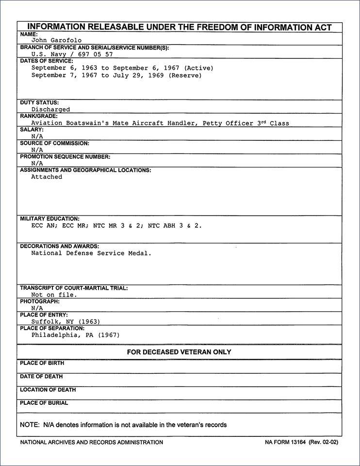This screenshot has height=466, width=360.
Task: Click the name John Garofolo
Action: coord(56,41)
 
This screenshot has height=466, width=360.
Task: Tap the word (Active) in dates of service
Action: coord(198,68)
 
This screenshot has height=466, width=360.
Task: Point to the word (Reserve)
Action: coord(185,75)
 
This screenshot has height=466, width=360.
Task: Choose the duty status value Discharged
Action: coord(50,110)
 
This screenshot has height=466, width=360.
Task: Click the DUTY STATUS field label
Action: coord(39,103)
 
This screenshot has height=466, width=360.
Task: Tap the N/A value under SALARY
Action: coord(37,136)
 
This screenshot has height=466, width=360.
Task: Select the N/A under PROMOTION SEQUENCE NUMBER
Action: coord(37,164)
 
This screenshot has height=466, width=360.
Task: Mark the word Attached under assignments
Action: coord(47,177)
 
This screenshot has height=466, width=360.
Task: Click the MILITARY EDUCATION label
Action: coord(49,219)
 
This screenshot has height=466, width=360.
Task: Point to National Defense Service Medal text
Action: coord(91,253)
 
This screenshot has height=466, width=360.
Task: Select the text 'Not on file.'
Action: coord(54,295)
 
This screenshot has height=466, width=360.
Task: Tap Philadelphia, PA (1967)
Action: coord(75,335)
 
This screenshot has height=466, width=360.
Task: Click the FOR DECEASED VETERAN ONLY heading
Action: coord(179,352)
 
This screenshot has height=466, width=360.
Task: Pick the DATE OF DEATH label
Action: coord(41,377)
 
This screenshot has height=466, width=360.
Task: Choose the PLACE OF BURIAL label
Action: coord(44,403)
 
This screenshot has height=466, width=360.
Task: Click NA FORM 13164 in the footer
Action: coord(284,442)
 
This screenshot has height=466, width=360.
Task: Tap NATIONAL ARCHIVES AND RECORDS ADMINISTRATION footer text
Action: coord(91,442)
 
